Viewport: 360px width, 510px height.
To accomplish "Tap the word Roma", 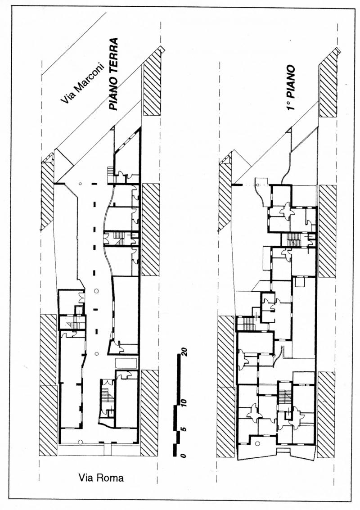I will coord(111,478).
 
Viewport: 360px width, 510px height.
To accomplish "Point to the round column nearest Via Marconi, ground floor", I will coord(80,183).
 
